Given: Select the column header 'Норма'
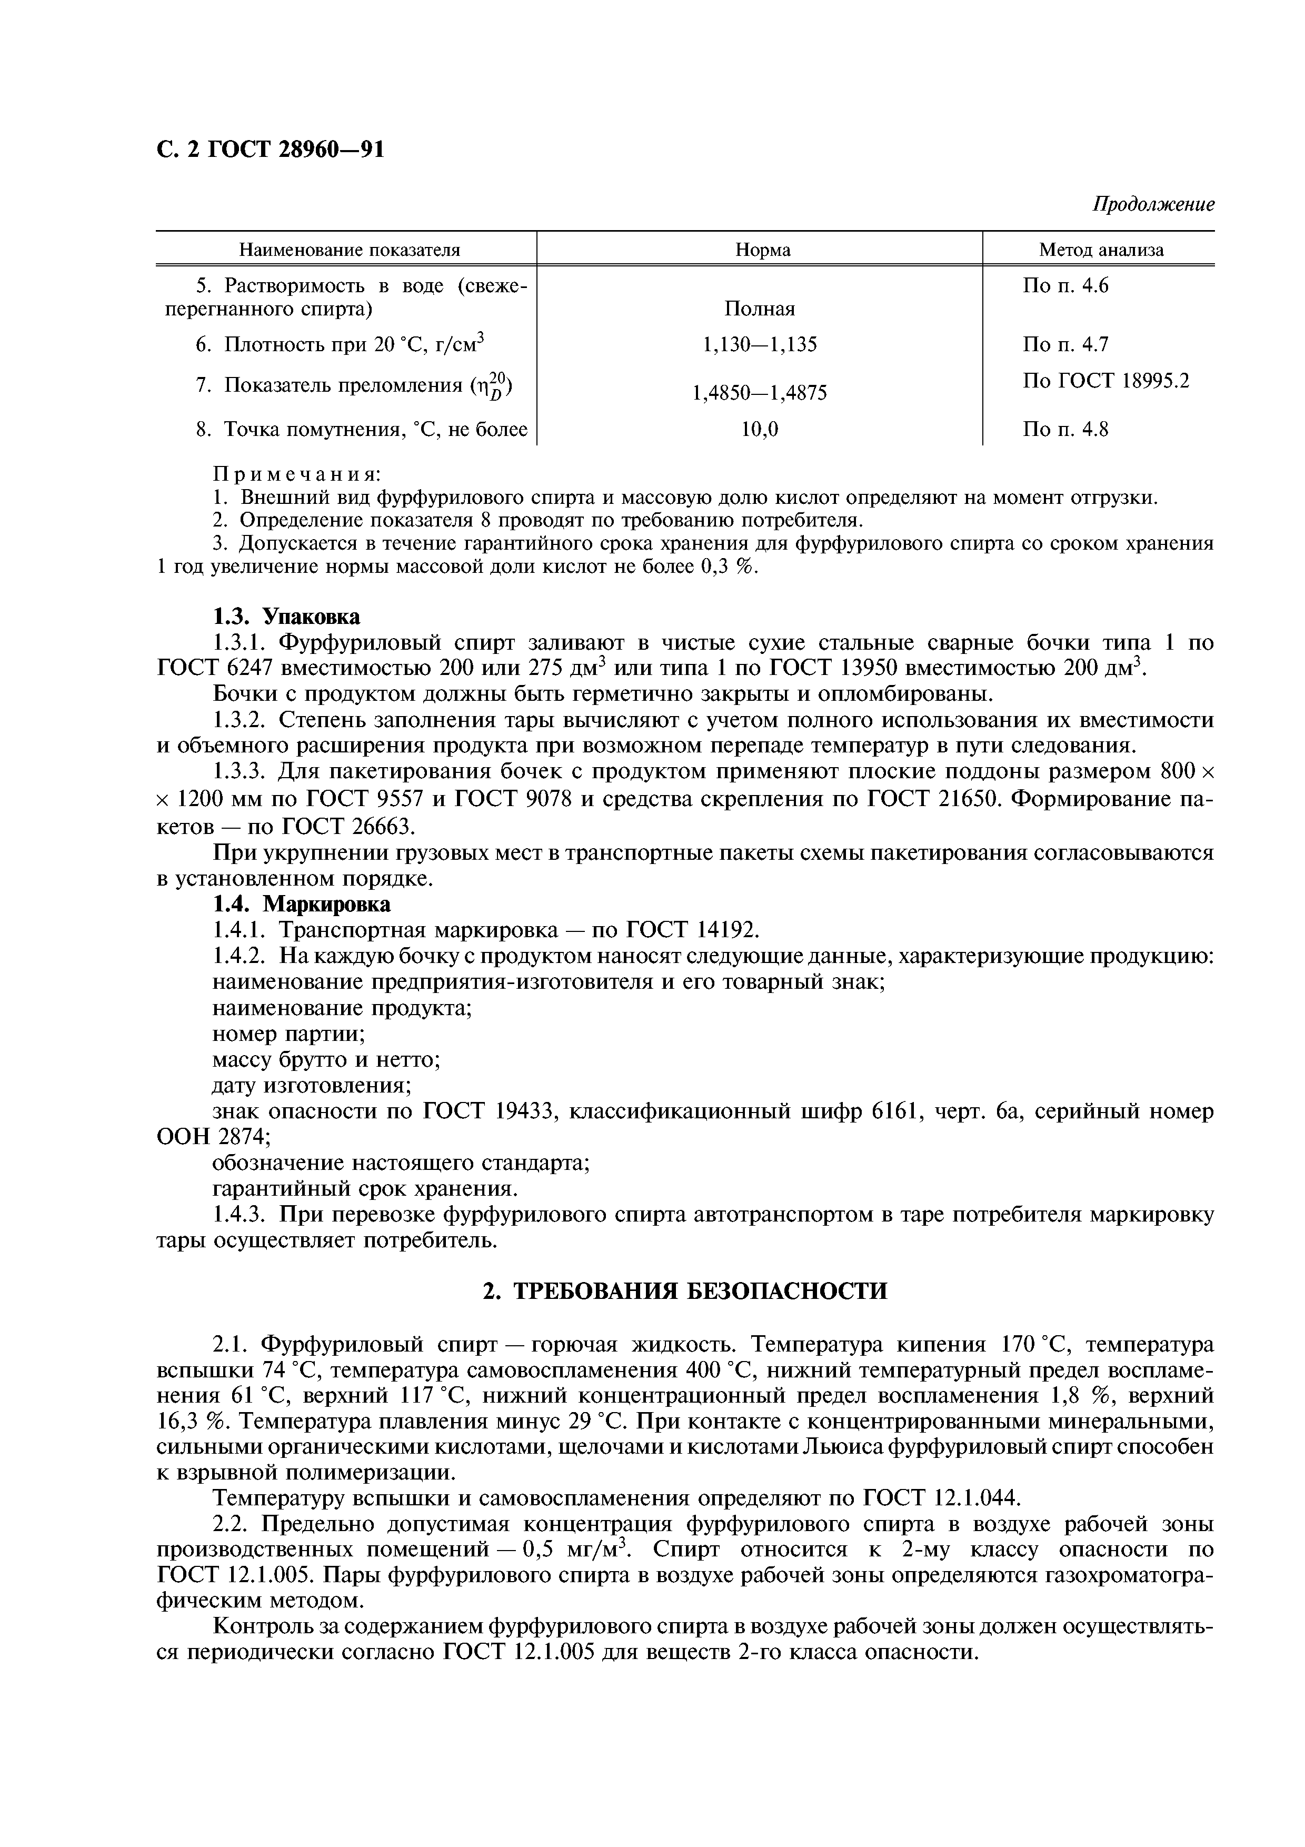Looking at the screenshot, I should point(762,250).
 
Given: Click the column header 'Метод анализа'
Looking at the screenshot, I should point(1101,250).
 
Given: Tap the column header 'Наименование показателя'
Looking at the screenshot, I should point(350,250).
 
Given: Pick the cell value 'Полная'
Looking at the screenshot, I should point(759,309).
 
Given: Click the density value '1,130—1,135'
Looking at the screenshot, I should point(759,345).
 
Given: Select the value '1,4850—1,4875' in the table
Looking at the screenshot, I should point(759,393).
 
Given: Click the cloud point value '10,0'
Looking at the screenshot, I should point(759,430).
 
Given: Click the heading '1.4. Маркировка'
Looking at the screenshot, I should point(302,904).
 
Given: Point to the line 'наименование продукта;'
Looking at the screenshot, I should point(342,1008).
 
